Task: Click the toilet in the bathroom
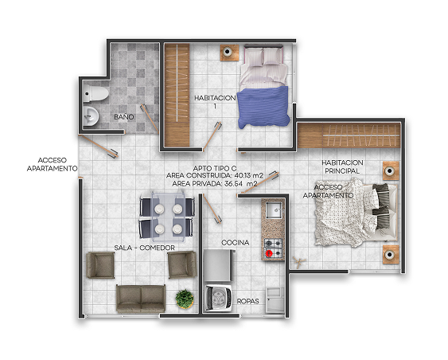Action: (x=95, y=93)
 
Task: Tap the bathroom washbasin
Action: (x=91, y=115)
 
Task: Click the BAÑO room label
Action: (x=123, y=116)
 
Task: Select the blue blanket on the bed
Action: (x=263, y=107)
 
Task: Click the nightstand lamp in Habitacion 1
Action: (x=228, y=52)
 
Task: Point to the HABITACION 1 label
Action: (x=215, y=102)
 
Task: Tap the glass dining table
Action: (x=168, y=215)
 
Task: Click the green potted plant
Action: (x=185, y=299)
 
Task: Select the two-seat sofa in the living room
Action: (x=141, y=298)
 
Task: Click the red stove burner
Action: (x=269, y=253)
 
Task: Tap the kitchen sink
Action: (x=274, y=210)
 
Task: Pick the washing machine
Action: (x=219, y=298)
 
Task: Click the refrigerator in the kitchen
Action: (x=219, y=266)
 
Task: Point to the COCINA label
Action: (x=236, y=242)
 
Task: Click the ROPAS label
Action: (x=247, y=301)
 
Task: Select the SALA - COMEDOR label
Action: (x=144, y=248)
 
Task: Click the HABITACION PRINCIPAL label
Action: (x=342, y=166)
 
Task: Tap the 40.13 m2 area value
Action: (x=248, y=175)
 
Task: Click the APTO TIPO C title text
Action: (x=215, y=168)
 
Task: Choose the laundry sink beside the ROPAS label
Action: (x=275, y=300)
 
